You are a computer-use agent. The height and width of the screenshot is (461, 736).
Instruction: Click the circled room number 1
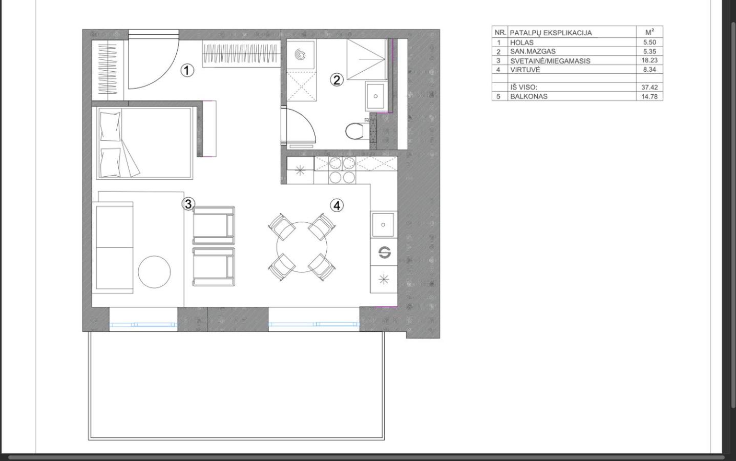(187, 71)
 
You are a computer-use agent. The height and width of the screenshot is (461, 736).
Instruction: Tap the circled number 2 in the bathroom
(337, 80)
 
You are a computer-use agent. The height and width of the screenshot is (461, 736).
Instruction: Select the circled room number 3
(188, 204)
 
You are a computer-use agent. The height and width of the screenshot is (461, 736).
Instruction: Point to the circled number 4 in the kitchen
(337, 206)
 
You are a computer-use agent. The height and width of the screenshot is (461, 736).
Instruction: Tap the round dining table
(302, 247)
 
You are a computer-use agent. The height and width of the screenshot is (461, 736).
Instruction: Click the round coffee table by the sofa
(155, 272)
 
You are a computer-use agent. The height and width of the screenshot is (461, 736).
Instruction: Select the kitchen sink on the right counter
(383, 225)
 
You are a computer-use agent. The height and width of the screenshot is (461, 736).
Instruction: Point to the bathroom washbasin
(375, 96)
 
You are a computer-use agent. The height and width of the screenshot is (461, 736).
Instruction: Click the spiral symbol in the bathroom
(300, 54)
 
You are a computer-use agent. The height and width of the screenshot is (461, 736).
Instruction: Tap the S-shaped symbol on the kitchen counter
(385, 253)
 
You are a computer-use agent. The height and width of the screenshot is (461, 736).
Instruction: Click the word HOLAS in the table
(522, 43)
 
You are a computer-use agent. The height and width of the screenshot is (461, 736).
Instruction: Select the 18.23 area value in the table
(649, 60)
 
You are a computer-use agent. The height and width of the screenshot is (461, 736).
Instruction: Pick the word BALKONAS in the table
(529, 97)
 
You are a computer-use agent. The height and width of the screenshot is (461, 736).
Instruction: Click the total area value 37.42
(649, 88)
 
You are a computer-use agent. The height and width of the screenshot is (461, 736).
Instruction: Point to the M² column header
(649, 32)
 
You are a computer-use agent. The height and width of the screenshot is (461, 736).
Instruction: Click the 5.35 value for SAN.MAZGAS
(649, 52)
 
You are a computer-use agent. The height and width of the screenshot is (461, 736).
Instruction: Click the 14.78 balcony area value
(649, 97)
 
